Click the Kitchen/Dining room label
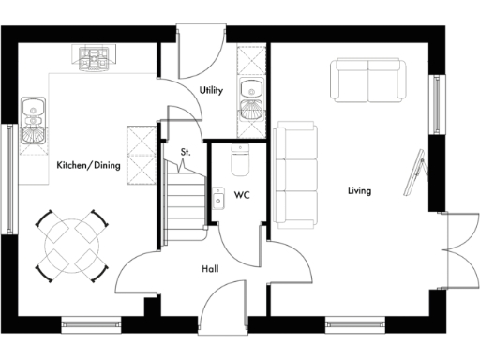pos(88,165)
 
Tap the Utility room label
pos(211,90)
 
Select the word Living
pos(359,191)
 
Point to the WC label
pos(242,196)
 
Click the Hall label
pos(211,269)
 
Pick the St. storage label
pos(186,151)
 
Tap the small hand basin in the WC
pos(217,198)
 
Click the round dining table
pos(70,243)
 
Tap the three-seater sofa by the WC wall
pos(295,173)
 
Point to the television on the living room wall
pos(412,172)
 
